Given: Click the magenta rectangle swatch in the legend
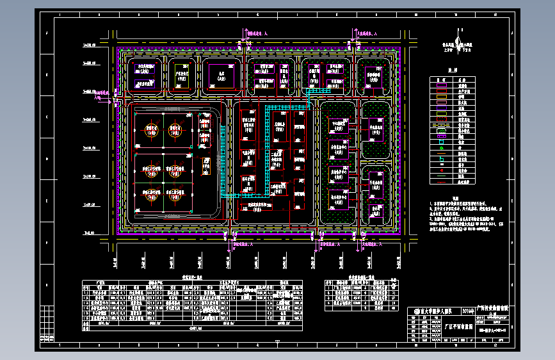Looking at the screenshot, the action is click(441, 85).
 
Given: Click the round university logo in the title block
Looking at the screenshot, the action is click(415, 311).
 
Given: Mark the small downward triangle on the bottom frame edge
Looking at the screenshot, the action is click(277, 342).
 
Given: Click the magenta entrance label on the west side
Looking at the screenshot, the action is click(98, 95).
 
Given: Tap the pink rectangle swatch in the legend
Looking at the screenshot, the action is click(441, 103).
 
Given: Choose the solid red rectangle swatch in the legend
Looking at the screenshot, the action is click(441, 91).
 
